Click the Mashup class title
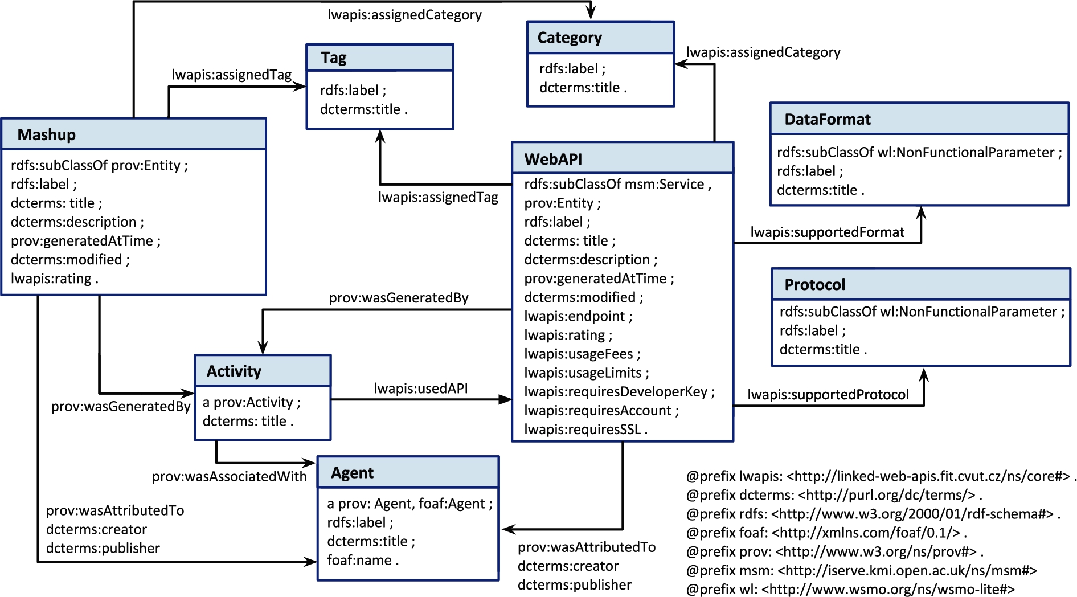[x=47, y=135]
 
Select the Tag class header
[x=334, y=58]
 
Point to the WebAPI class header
[x=553, y=159]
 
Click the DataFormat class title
[x=828, y=119]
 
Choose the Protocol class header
[x=815, y=284]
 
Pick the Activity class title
[x=234, y=371]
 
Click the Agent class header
[x=353, y=473]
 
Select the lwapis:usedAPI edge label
[x=421, y=389]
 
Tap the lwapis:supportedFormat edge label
[x=828, y=232]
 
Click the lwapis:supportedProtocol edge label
[x=828, y=395]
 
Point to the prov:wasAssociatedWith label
[x=229, y=476]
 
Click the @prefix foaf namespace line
[x=827, y=533]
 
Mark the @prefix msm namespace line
[x=862, y=570]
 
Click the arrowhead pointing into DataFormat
[x=921, y=212]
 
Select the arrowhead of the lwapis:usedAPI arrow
[x=505, y=400]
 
